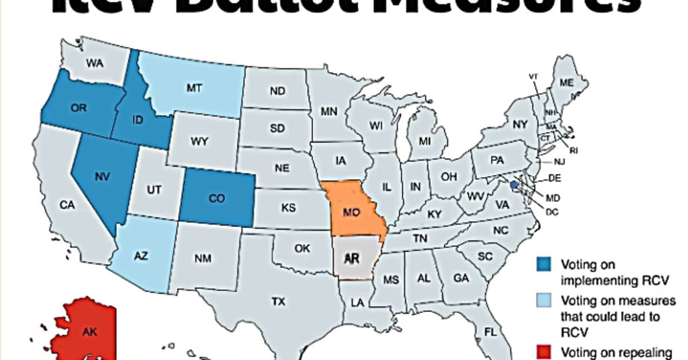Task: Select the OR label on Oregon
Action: pos(78,108)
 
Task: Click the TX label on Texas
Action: pos(278,300)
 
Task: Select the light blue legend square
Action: pos(545,300)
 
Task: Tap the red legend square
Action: pos(545,351)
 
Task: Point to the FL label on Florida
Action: pos(490,332)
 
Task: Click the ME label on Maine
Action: pos(566,83)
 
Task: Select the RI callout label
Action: pos(573,150)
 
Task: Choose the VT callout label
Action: pos(533,76)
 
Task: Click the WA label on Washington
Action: pos(95,64)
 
